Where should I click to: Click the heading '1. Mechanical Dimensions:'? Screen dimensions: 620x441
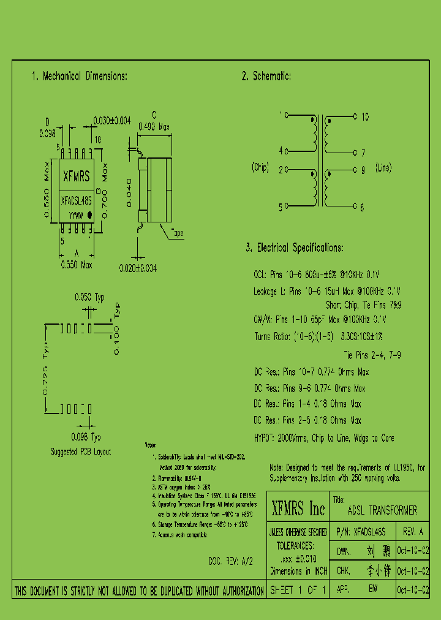[79, 77]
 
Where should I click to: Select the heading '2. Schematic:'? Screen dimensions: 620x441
[266, 77]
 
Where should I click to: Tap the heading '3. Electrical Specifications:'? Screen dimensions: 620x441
[294, 248]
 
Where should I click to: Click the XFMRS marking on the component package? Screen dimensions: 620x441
[77, 177]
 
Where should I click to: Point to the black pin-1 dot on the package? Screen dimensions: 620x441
[89, 215]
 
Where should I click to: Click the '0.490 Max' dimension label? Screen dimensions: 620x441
[154, 127]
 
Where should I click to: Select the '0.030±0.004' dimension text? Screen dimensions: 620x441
[111, 121]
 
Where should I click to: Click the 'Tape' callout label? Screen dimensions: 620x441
[176, 233]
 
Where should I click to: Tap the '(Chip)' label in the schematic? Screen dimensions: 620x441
[260, 167]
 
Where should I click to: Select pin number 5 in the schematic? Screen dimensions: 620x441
[281, 208]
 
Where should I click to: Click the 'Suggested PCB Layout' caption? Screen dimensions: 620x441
[80, 452]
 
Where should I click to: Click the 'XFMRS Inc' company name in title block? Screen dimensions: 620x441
[298, 508]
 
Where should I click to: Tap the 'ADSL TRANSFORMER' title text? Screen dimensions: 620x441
[382, 510]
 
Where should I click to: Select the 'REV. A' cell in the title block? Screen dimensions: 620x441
[413, 532]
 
